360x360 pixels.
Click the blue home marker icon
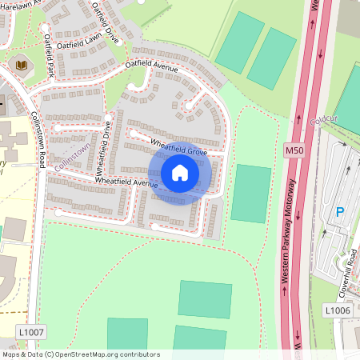[x=180, y=172]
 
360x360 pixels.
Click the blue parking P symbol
[x=339, y=212]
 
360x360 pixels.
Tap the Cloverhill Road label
[x=352, y=268]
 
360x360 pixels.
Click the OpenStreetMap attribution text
[x=80, y=354]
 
